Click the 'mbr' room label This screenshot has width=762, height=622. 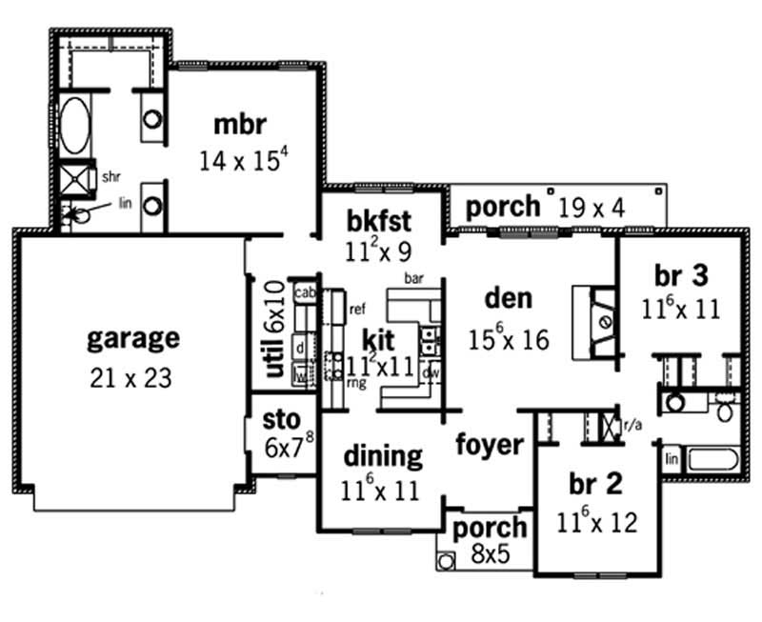239,126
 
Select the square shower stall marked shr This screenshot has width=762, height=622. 74,178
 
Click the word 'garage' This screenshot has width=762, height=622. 132,337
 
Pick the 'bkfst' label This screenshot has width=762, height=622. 378,221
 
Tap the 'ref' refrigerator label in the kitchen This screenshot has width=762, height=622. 358,309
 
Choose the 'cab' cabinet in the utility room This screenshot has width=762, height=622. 306,292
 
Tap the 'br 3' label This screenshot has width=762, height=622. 681,275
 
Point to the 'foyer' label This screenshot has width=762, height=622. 489,444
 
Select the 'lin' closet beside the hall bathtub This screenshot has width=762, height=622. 672,459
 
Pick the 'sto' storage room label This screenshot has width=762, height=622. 281,420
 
